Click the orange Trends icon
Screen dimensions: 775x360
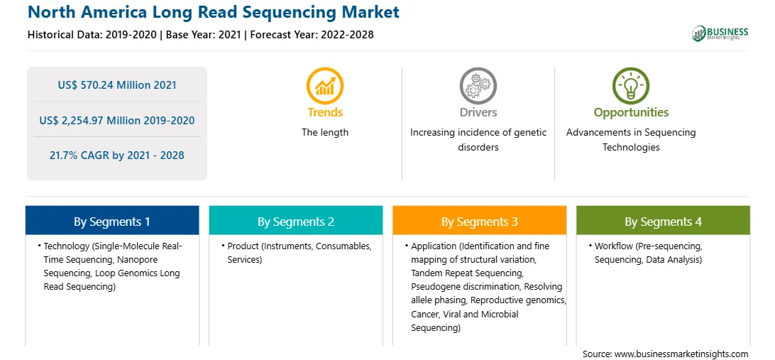coord(325,86)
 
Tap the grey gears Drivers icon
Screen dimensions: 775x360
coord(478,86)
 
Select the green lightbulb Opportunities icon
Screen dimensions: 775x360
coord(631,86)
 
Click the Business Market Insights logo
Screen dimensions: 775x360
coord(720,33)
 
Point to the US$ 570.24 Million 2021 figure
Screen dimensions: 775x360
coord(117,84)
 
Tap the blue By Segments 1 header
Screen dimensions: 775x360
coord(112,221)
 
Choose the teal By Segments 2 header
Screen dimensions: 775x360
coord(295,221)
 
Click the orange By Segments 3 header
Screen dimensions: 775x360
coord(480,221)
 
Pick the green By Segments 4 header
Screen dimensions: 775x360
coord(664,221)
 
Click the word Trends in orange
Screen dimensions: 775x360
coord(325,112)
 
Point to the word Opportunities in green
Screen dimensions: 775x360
coord(631,112)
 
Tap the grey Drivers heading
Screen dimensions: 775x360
coord(478,112)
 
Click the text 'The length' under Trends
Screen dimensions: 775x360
coord(325,132)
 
